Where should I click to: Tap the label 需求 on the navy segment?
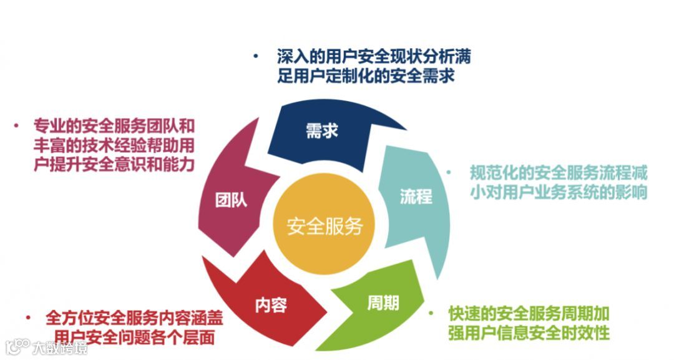click(x=321, y=132)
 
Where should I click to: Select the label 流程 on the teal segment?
click(x=415, y=197)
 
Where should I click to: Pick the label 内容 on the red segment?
click(x=271, y=305)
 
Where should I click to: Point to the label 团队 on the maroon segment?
click(x=231, y=200)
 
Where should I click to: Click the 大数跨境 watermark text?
click(x=61, y=347)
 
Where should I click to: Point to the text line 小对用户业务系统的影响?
click(x=559, y=192)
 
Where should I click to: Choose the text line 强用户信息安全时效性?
click(x=528, y=333)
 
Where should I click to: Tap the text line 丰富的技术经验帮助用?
click(x=114, y=145)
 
